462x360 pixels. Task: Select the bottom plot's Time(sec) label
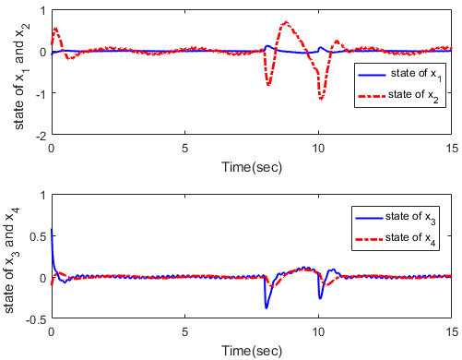click(x=251, y=351)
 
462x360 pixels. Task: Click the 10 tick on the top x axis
click(x=318, y=148)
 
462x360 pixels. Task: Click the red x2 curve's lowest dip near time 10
click(x=321, y=98)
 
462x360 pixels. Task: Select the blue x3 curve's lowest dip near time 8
click(x=267, y=307)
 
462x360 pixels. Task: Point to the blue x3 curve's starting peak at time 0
click(x=52, y=230)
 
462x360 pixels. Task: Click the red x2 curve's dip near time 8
click(x=268, y=85)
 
